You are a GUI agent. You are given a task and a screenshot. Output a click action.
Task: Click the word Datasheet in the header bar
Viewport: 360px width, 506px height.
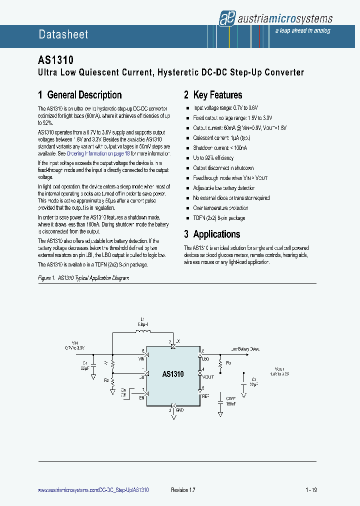point(63,34)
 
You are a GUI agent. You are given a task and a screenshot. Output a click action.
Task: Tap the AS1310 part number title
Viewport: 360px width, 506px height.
point(56,60)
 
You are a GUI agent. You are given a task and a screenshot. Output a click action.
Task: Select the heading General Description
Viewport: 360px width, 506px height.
point(79,95)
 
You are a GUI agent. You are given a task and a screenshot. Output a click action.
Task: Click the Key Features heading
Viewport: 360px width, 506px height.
point(212,95)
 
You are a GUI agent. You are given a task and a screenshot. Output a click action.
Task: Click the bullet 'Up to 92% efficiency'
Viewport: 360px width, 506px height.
point(213,158)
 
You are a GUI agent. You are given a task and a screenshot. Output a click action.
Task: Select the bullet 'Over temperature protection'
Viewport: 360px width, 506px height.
point(220,208)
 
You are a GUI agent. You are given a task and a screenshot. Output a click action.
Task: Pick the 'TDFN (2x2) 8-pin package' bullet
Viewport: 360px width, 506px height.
point(219,218)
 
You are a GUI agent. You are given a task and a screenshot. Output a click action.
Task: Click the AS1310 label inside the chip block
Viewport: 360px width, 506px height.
point(173,374)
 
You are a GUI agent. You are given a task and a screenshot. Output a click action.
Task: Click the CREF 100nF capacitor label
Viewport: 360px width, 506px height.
point(230,401)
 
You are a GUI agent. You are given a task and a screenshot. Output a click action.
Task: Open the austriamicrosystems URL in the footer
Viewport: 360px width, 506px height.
point(93,490)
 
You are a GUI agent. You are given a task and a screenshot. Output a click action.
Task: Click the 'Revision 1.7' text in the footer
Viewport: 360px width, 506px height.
point(183,490)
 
